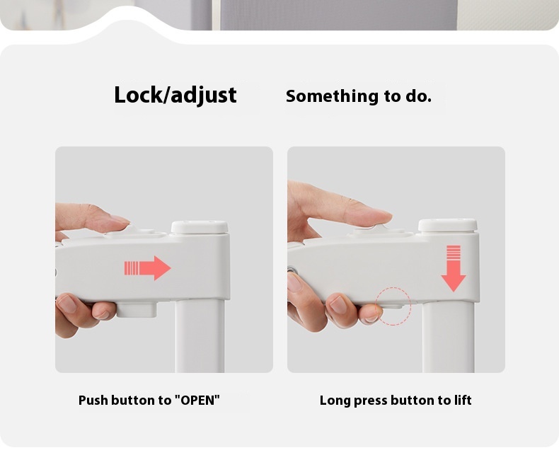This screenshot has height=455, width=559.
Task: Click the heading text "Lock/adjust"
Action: [x=175, y=95]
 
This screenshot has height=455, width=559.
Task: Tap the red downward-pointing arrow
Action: [x=454, y=269]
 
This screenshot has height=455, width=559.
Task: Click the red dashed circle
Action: [x=394, y=306]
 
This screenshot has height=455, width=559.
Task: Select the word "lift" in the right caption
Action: [x=463, y=401]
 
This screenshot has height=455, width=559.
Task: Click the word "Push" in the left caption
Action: [x=93, y=401]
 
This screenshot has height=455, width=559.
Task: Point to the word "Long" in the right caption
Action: [x=335, y=401]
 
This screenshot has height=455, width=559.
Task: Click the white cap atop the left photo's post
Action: [x=200, y=227]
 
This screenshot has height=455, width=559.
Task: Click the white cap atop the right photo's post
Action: [x=447, y=225]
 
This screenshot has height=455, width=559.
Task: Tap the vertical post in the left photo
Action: [x=200, y=336]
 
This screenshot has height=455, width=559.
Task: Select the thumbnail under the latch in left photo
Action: [x=67, y=304]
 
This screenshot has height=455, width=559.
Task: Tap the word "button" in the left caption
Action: [x=134, y=401]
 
